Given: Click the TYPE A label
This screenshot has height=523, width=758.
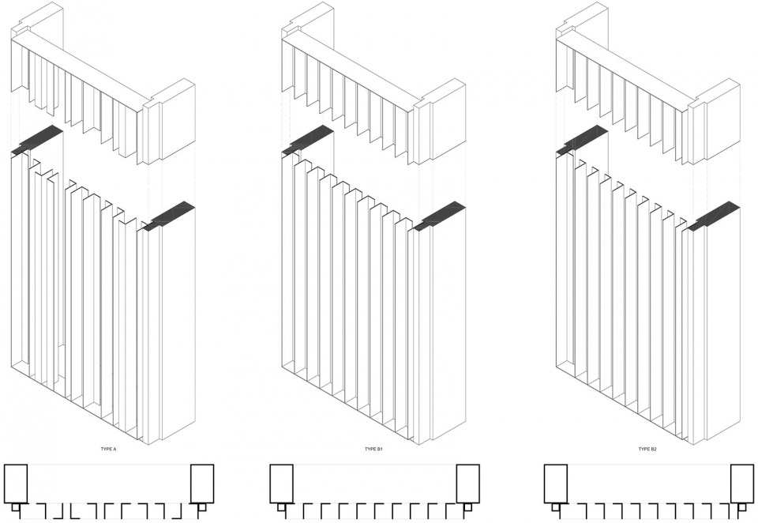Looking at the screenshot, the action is tap(108, 450).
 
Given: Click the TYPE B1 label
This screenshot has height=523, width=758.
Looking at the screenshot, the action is tap(373, 450).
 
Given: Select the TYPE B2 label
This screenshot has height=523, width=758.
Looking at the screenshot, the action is tap(647, 450).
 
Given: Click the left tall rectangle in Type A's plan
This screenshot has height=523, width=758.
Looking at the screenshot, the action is tap(16, 483).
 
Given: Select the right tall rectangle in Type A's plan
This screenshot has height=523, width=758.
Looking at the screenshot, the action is tap(202, 483).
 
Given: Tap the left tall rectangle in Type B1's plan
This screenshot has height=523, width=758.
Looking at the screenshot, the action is tap(281, 483).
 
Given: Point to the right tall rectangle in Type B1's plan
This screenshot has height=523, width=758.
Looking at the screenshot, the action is tap(468, 483).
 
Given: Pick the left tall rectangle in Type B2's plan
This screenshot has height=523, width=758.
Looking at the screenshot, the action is tap(556, 483).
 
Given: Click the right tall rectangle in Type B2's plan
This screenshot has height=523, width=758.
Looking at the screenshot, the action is tap(742, 483).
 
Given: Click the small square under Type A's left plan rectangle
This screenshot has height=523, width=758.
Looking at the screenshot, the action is tap(17, 506).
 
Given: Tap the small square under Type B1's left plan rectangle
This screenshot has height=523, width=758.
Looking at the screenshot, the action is tap(281, 506).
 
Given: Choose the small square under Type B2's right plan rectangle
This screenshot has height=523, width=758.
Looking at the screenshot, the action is tap(741, 506).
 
